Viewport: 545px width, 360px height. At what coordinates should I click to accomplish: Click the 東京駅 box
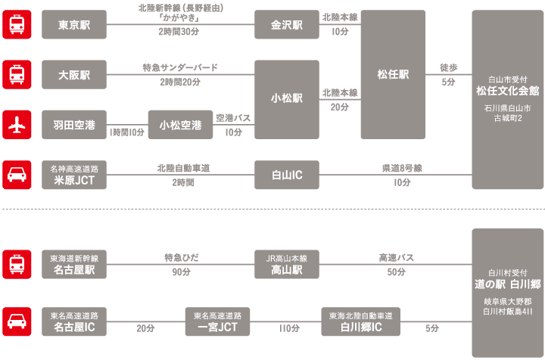[x=74, y=25]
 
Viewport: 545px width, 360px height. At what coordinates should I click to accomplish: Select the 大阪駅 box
[x=74, y=75]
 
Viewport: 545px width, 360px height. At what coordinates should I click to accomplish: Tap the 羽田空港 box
[x=74, y=125]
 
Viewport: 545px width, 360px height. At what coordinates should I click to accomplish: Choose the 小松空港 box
[x=180, y=125]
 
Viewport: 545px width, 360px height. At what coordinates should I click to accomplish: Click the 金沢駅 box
[x=287, y=25]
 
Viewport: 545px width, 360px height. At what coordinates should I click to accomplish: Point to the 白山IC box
[x=287, y=175]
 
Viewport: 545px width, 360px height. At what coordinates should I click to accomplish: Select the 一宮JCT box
[x=217, y=321]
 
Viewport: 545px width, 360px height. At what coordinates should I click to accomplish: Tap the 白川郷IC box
[x=360, y=321]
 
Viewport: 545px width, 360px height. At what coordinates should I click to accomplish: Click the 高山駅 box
[x=287, y=264]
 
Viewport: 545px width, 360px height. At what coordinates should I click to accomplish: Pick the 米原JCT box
[x=74, y=175]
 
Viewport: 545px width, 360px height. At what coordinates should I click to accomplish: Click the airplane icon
[x=17, y=125]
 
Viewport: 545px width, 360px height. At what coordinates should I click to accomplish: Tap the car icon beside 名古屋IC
[x=17, y=321]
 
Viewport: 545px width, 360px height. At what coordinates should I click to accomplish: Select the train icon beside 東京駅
[x=17, y=25]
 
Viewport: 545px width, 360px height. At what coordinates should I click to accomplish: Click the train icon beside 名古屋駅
[x=17, y=264]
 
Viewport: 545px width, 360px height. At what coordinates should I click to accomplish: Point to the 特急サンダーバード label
[x=180, y=68]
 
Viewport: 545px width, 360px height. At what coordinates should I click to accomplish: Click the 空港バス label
[x=232, y=117]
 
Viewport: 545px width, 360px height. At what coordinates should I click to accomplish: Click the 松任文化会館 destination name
[x=507, y=90]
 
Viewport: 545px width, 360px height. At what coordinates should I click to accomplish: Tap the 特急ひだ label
[x=181, y=257]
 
